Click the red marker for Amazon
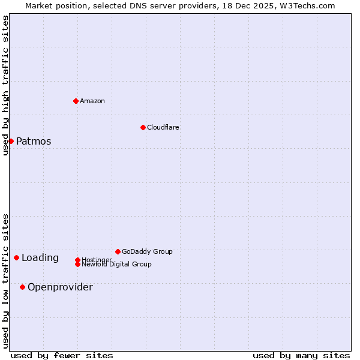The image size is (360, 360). [76, 101]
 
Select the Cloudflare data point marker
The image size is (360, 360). [143, 127]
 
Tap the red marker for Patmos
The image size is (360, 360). [11, 141]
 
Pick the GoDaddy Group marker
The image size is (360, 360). [118, 251]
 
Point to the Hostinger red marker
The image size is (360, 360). [77, 260]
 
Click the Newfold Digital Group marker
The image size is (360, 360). [77, 264]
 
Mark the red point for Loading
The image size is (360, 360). [16, 257]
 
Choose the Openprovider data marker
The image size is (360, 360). [22, 287]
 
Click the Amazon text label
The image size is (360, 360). [92, 101]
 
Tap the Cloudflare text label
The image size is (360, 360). [163, 127]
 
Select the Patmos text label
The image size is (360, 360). [34, 142]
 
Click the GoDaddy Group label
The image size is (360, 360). [147, 251]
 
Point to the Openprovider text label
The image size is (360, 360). [60, 287]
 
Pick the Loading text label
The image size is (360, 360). [40, 258]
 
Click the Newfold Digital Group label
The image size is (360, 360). [116, 265]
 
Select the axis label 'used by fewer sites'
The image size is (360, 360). [62, 355]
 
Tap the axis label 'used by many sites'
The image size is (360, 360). [301, 355]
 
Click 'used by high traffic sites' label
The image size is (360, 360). [5, 85]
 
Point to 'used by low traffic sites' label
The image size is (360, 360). [5, 281]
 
